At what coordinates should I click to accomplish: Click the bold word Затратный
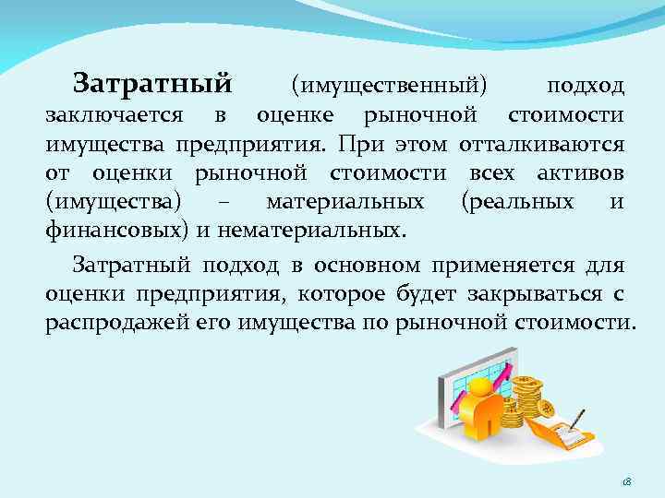[x=151, y=85]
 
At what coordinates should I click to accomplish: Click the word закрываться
[x=541, y=295]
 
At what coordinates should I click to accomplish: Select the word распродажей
[x=104, y=325]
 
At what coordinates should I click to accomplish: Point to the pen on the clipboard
[x=574, y=420]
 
